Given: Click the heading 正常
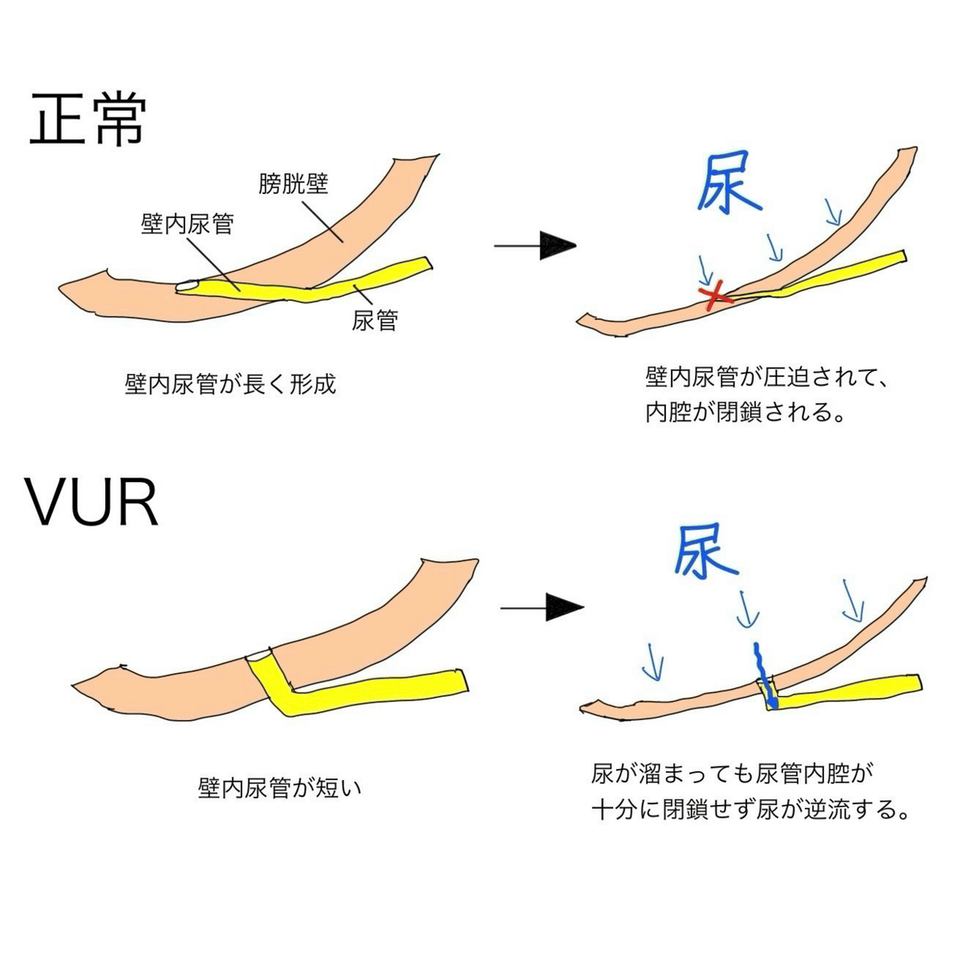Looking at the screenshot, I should pos(88,120).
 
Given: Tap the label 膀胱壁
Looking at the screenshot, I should pos(293,185).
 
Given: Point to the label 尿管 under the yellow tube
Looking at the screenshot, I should pos(374,321).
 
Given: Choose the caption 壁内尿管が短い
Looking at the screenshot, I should pos(280,788).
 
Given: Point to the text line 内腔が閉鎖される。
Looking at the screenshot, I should pos(746,413).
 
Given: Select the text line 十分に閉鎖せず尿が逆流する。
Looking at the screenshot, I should pos(752,811).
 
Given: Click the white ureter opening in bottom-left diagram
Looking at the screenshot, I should pos(258,656).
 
